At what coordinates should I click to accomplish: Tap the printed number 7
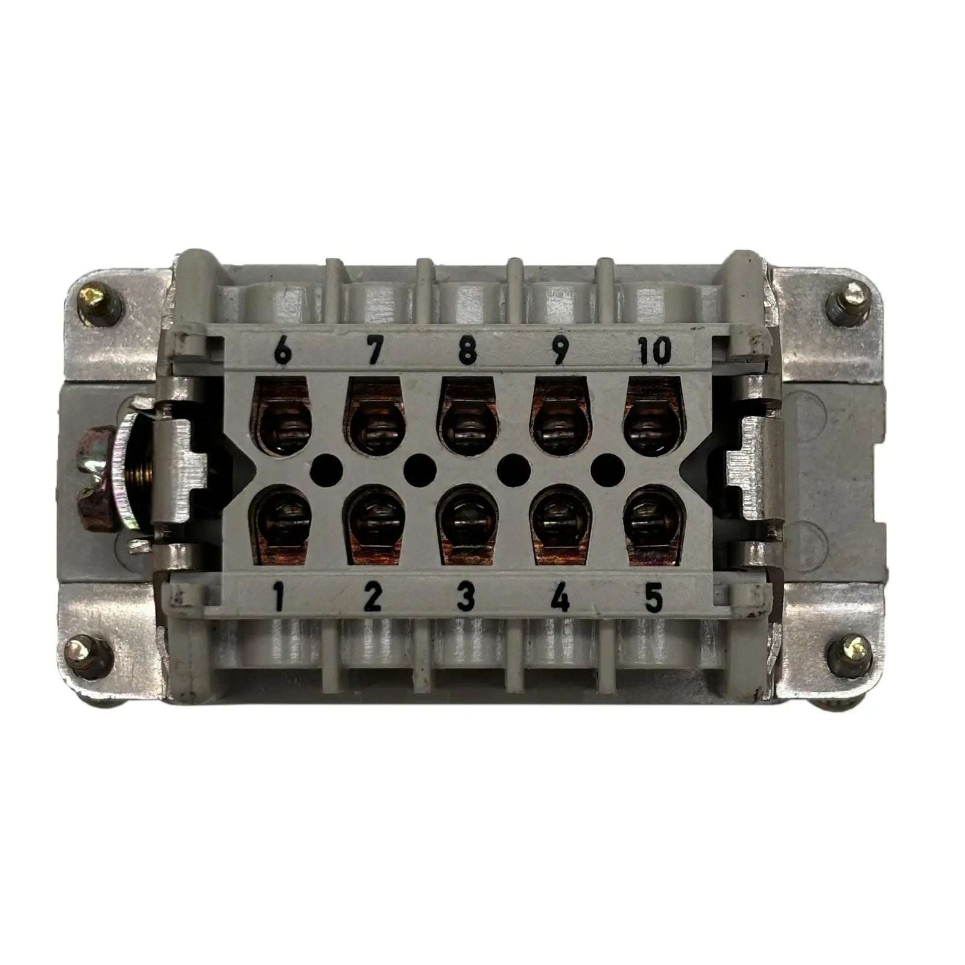pos(374,350)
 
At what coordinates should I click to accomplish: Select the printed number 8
pos(466,350)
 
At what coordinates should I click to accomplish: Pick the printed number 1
pos(279,598)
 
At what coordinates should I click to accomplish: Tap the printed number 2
pos(373,598)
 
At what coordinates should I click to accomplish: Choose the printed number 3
pos(467,598)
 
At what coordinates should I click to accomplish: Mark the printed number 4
pos(560,598)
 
